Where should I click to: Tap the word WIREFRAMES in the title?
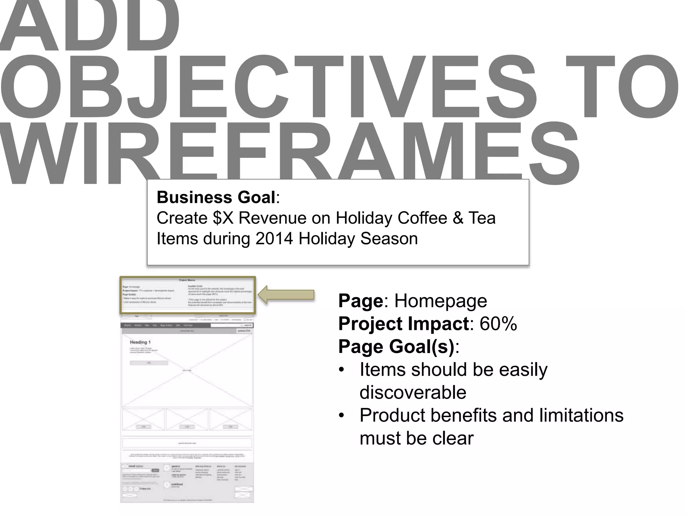tap(288, 154)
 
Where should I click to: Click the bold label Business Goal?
tap(216, 197)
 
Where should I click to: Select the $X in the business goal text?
tap(222, 218)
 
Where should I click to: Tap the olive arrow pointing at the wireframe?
tap(287, 295)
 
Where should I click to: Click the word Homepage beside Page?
tap(440, 301)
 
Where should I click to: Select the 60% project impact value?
tap(498, 324)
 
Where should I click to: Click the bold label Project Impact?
tap(403, 324)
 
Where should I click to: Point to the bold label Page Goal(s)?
tap(396, 346)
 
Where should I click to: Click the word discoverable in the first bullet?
tap(413, 392)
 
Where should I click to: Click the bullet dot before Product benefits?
tap(341, 416)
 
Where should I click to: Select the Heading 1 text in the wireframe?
tap(140, 342)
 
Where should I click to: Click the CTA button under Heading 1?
tap(149, 363)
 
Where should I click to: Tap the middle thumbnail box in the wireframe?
tap(187, 419)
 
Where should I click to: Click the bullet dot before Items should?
tap(341, 370)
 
